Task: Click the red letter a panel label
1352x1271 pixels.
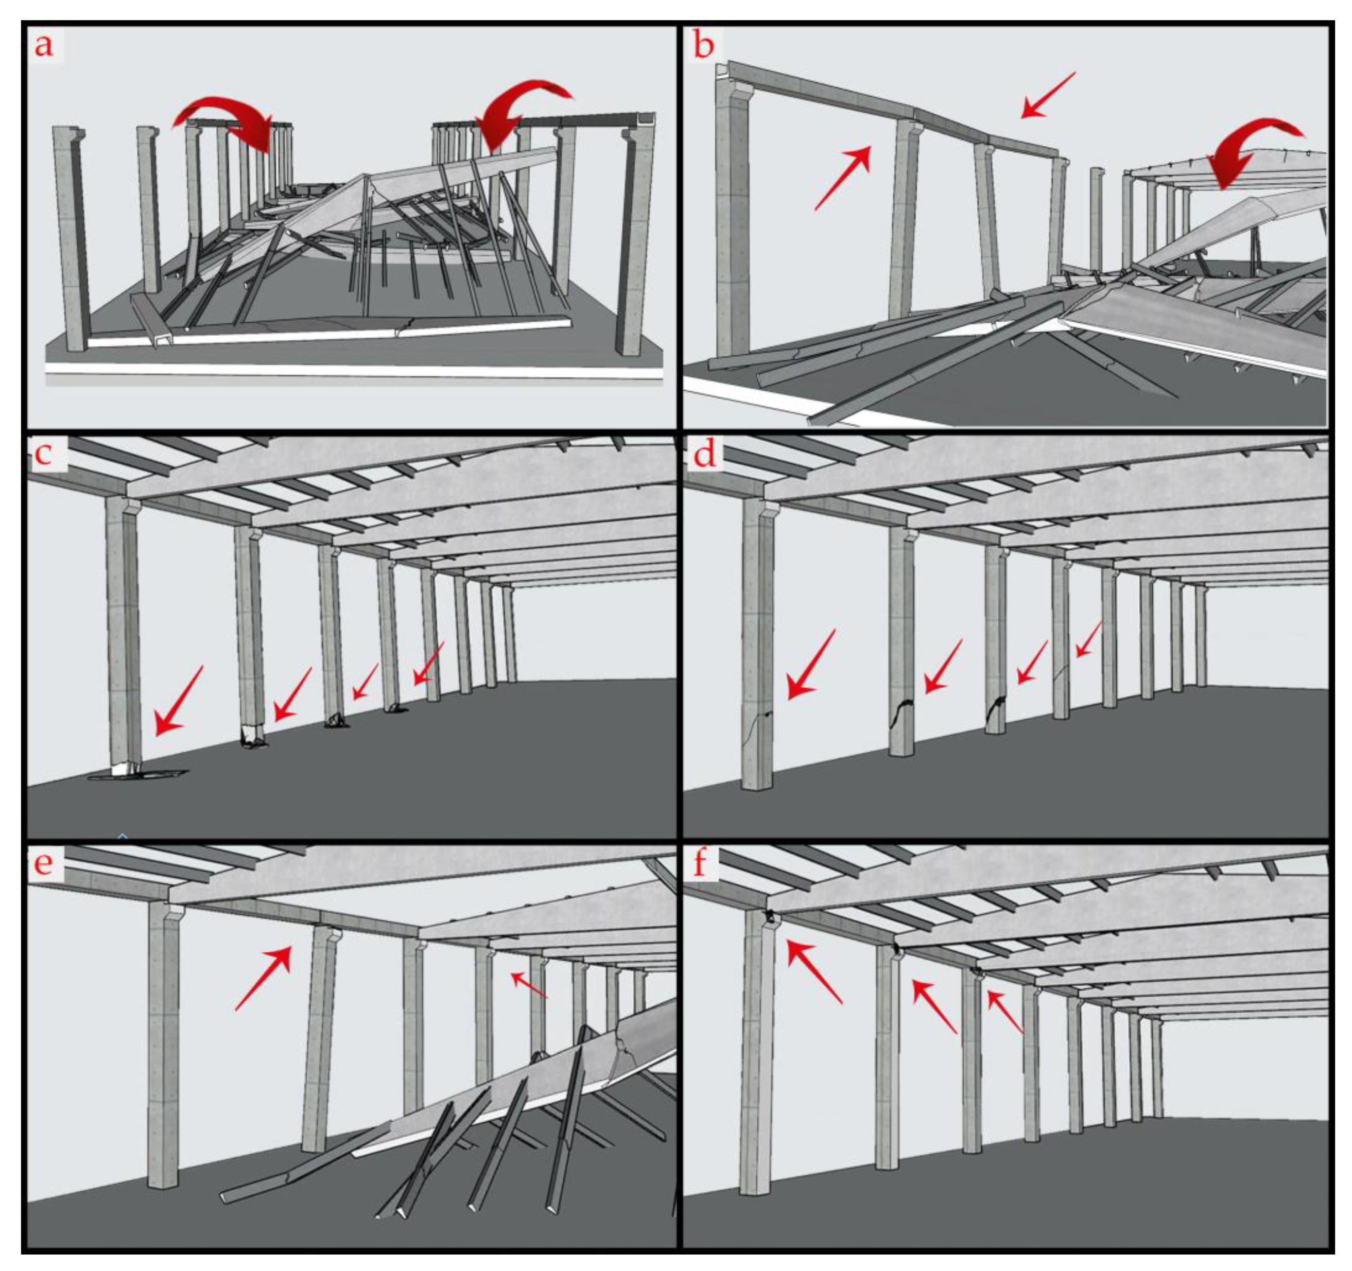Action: click(44, 46)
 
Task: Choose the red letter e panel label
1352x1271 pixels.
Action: click(44, 862)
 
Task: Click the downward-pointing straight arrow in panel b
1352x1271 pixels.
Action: click(1049, 95)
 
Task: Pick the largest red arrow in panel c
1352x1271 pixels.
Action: click(178, 701)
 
